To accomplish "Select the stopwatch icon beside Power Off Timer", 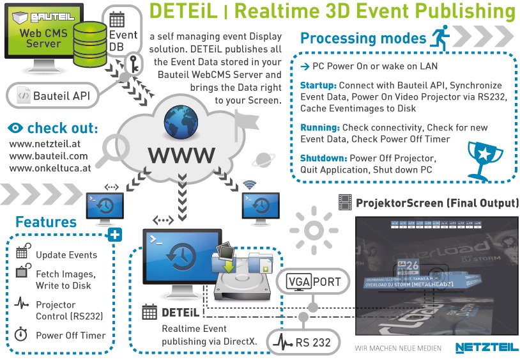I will (21, 334).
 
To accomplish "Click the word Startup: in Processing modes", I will (318, 86).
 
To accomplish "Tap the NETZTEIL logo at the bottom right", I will (482, 347).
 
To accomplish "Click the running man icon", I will (441, 36).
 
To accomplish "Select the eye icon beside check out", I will (16, 128).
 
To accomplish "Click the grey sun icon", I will (313, 228).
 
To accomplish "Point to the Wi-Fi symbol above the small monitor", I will (249, 185).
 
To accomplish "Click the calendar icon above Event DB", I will (117, 19).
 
